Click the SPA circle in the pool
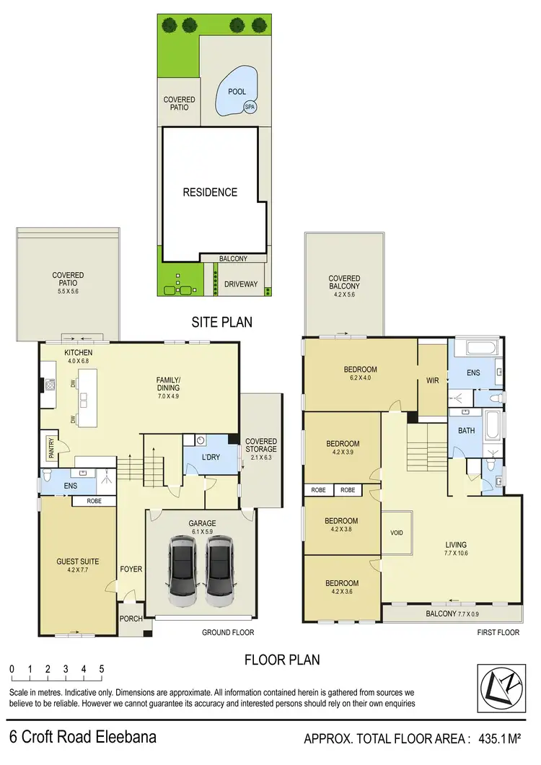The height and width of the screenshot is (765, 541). (x=250, y=107)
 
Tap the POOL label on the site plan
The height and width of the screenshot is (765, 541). (x=237, y=92)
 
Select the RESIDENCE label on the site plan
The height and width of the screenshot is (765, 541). (x=210, y=192)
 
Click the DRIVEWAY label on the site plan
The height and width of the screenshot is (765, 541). (x=240, y=284)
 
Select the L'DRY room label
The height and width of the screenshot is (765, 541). (x=211, y=458)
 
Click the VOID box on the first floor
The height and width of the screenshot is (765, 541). (x=395, y=533)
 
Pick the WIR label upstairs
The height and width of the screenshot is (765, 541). (x=433, y=380)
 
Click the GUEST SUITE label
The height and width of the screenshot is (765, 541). (x=77, y=561)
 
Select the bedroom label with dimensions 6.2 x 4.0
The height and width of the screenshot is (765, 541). (x=360, y=374)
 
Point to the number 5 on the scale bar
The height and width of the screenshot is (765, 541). (x=102, y=668)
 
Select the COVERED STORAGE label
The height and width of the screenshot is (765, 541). (x=260, y=446)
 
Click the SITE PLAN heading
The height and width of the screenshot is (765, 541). (x=221, y=322)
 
